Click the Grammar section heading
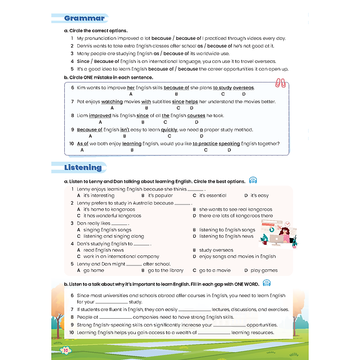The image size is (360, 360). [x=84, y=19]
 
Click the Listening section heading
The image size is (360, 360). [x=83, y=168]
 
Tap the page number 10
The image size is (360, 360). [x=66, y=349]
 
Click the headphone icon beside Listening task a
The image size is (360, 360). [x=253, y=181]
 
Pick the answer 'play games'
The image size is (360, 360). [x=264, y=270]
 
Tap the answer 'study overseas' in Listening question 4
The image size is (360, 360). [x=216, y=250]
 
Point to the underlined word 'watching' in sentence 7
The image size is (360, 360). [x=112, y=102]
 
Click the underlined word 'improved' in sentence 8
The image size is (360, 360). [x=100, y=116]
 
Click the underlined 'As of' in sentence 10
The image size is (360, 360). [x=83, y=144]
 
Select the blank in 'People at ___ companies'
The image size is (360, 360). [x=115, y=317]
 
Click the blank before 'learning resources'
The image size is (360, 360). [x=214, y=333]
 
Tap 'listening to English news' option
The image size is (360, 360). [x=226, y=236]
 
